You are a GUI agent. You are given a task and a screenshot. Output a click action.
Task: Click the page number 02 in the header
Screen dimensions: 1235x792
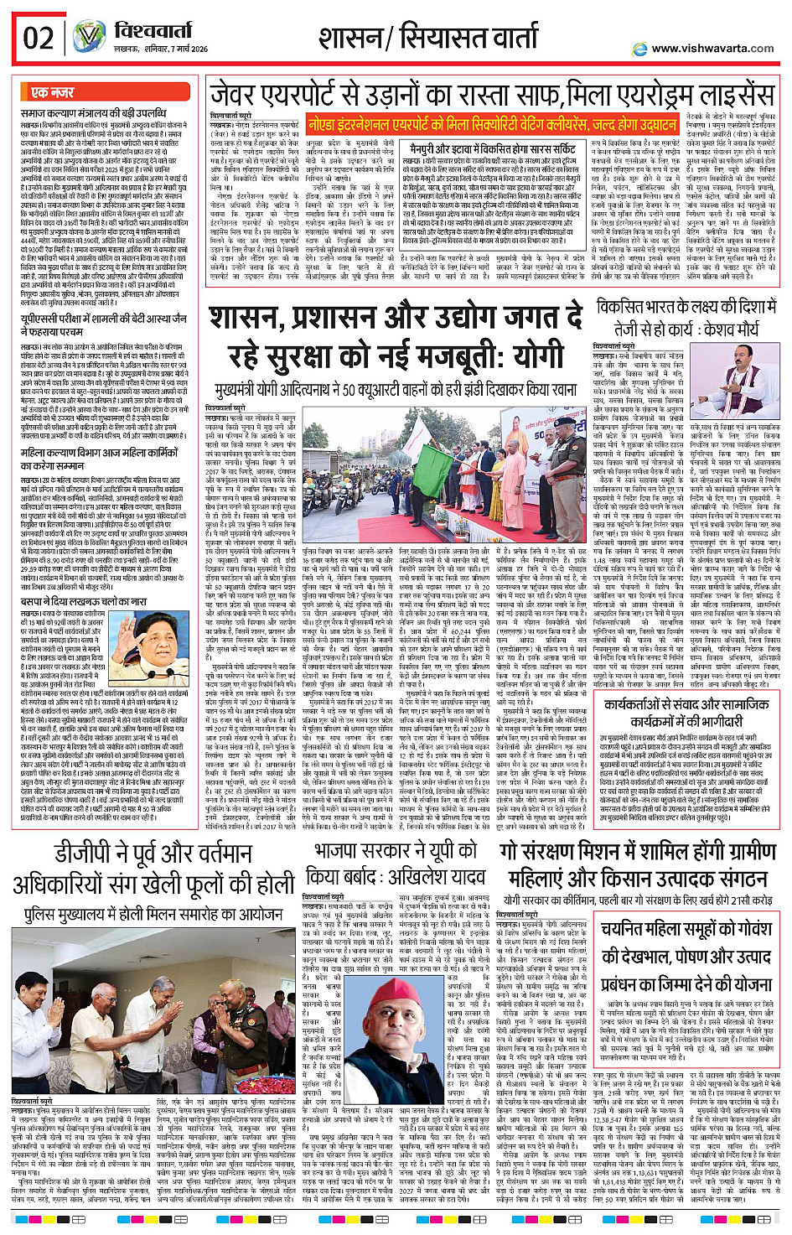tap(39, 38)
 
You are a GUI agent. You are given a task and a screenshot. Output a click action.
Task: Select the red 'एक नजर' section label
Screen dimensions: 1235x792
tap(52, 92)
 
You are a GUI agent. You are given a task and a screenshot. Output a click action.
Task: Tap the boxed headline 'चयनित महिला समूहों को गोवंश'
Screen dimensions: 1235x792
tap(686, 929)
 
